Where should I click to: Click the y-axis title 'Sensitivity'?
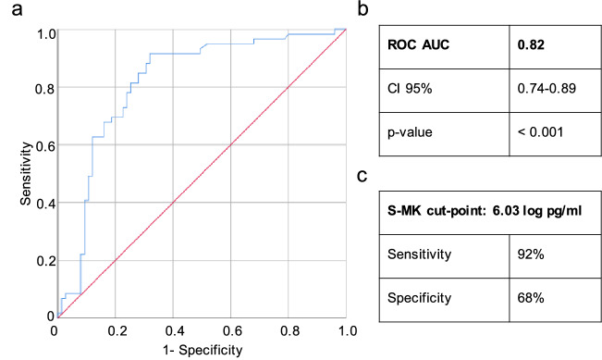pos(12,173)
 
